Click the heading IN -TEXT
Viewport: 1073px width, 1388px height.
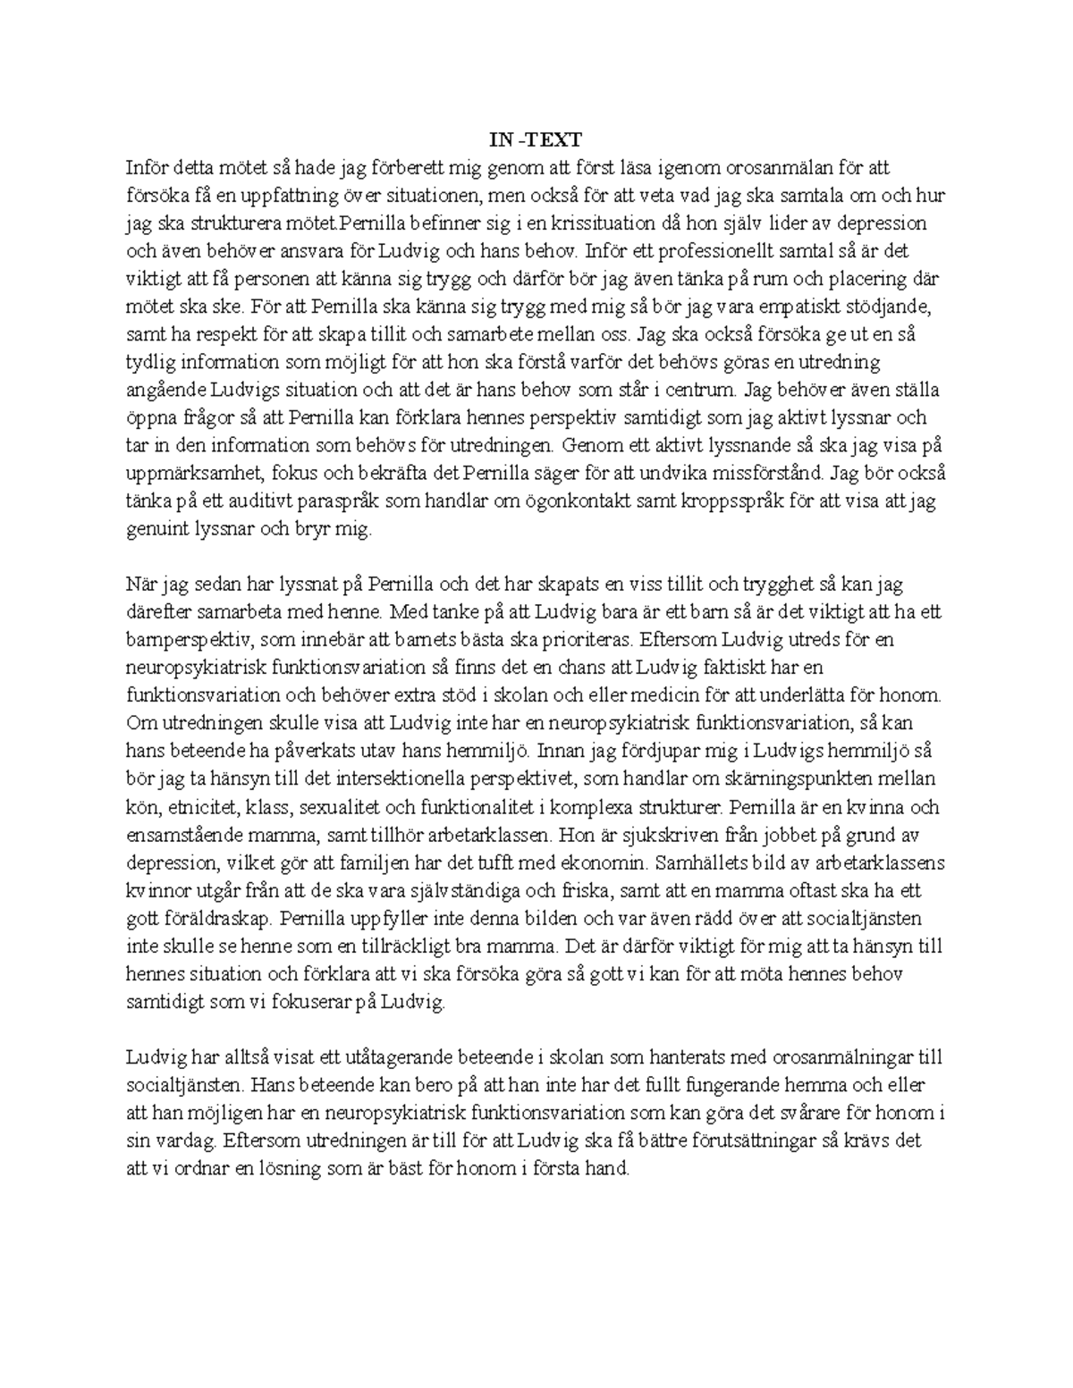(x=535, y=139)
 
